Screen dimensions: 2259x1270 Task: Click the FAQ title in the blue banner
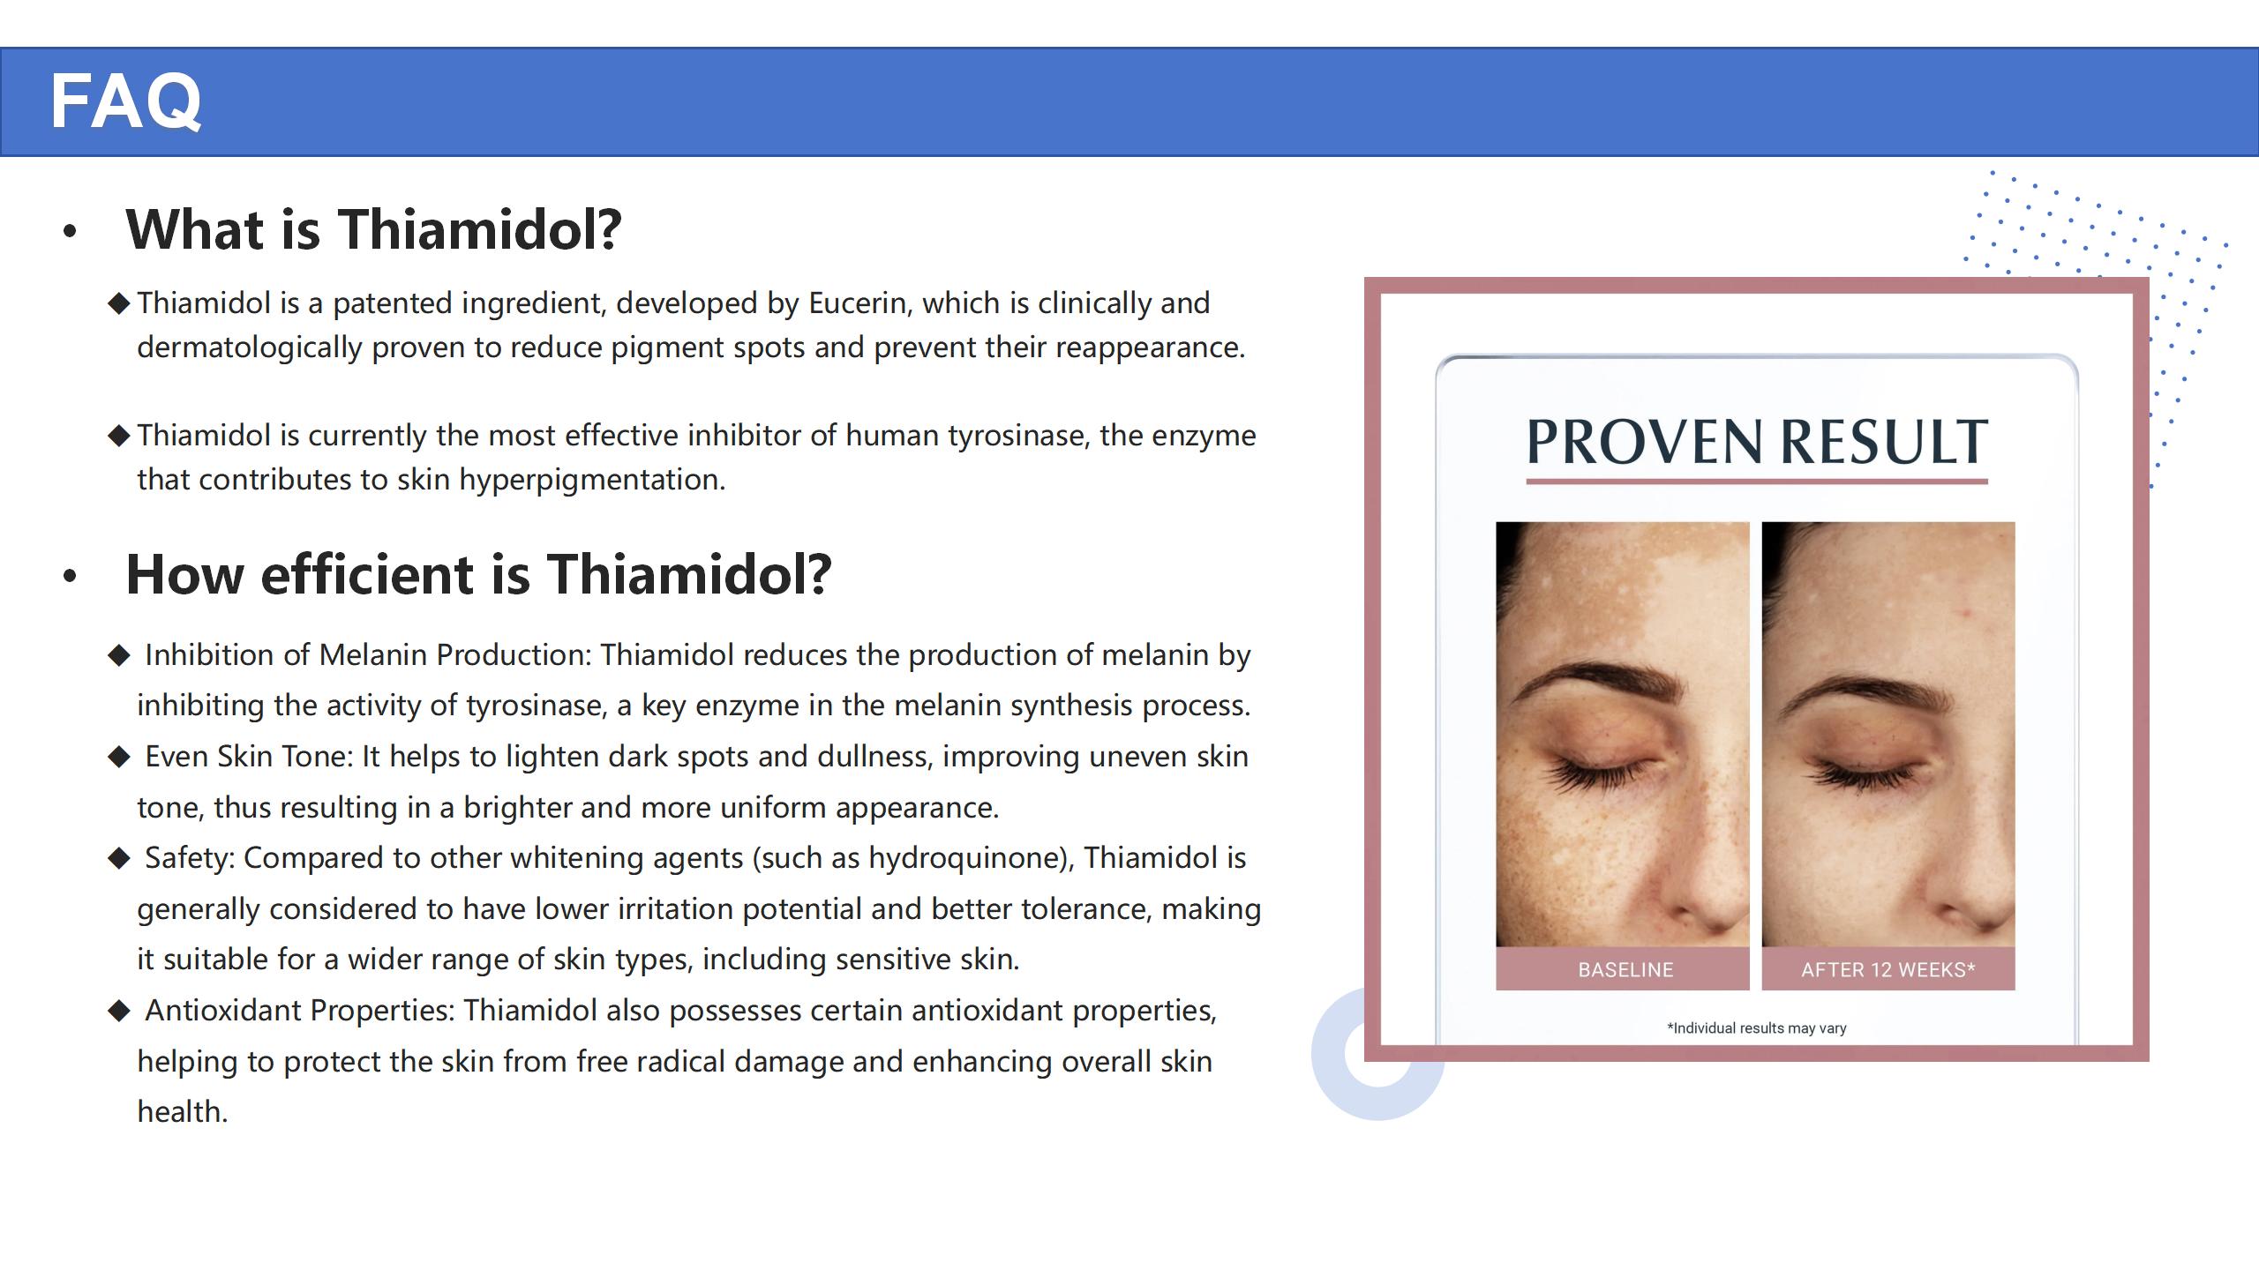(126, 101)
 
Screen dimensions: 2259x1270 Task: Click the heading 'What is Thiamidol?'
(374, 229)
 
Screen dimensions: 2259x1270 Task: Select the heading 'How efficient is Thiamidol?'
(479, 574)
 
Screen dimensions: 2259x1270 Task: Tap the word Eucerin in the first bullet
(858, 303)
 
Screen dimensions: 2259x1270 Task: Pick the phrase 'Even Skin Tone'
(248, 757)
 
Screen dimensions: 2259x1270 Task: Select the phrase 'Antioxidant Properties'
(299, 1011)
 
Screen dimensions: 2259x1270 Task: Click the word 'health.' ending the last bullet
(183, 1112)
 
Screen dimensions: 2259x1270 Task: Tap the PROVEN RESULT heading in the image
(1757, 442)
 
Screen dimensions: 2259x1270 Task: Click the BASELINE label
(1625, 970)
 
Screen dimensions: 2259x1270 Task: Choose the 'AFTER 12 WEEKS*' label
(1888, 970)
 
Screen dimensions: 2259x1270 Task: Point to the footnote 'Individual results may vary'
(1757, 1028)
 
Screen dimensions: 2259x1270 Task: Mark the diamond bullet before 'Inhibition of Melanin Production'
(119, 655)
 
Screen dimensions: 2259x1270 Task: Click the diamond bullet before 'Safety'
(119, 858)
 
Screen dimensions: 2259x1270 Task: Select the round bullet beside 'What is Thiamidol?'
(71, 232)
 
